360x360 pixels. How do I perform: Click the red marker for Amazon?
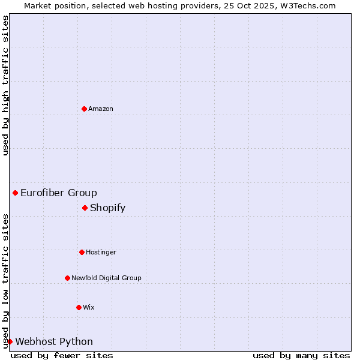click(84, 109)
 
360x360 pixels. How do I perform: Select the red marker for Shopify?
click(85, 208)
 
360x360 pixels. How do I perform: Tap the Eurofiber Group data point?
click(15, 193)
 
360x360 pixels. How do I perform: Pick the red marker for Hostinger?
click(82, 252)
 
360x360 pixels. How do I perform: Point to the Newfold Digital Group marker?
click(67, 278)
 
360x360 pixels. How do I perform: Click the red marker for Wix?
click(79, 307)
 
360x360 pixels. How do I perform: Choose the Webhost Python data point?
click(10, 341)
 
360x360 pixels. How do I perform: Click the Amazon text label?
click(101, 109)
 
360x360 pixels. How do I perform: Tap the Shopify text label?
click(108, 208)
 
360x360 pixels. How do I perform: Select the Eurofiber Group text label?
click(59, 193)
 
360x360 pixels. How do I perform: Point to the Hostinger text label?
click(101, 252)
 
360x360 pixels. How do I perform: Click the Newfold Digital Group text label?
click(106, 278)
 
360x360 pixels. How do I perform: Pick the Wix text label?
click(89, 307)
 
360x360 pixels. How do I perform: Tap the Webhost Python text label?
click(54, 341)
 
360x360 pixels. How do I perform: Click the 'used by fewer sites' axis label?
click(62, 355)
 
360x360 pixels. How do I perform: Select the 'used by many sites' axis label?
click(301, 355)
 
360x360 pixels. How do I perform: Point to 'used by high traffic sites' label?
click(5, 86)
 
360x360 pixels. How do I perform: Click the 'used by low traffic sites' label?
click(5, 280)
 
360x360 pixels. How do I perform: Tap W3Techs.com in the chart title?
click(310, 5)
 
